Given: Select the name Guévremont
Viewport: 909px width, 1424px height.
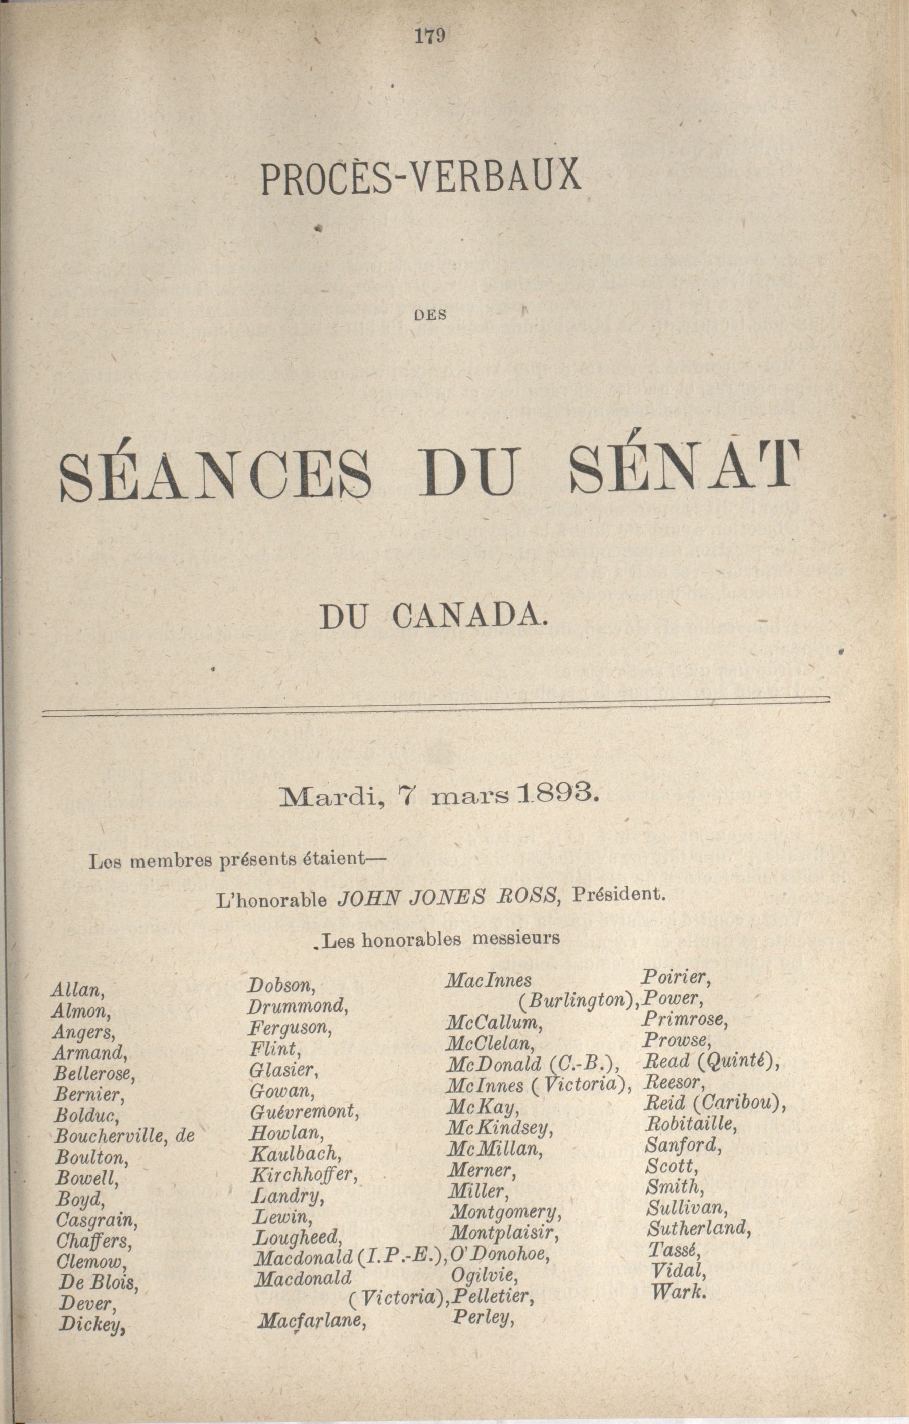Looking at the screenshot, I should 304,1112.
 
